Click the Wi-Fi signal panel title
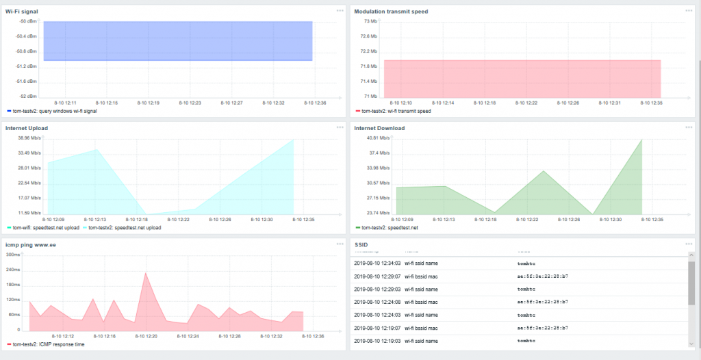coord(21,11)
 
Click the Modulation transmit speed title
coord(391,11)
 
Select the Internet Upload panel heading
coord(26,128)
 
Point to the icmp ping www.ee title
coord(31,244)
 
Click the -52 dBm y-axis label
coord(28,97)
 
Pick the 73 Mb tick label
coord(370,21)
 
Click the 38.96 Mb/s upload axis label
coord(29,138)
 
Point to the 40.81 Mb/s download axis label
coord(379,138)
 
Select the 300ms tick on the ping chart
coord(12,255)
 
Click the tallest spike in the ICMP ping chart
coord(145,273)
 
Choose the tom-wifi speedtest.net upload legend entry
coord(46,227)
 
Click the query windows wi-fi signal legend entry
coord(54,111)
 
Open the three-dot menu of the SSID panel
coord(688,244)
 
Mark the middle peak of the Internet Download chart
coord(543,171)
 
